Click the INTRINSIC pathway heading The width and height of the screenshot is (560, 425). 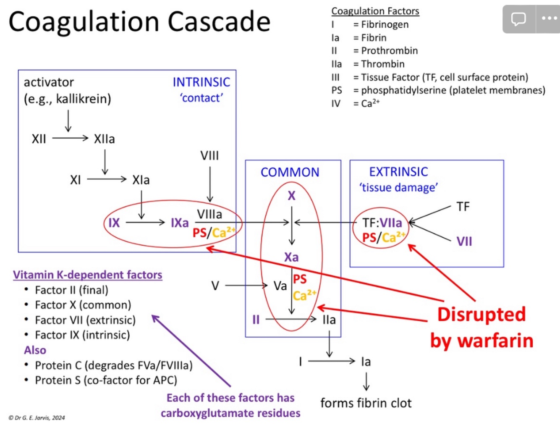201,82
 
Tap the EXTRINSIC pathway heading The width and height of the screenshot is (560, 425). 398,172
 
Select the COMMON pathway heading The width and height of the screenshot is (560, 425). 290,172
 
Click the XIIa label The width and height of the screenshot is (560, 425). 104,139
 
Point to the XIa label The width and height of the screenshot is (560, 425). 141,180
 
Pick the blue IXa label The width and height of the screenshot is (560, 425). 180,223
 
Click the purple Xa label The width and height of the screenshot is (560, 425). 291,257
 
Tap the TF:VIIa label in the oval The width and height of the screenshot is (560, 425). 382,223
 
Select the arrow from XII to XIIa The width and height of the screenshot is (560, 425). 70,138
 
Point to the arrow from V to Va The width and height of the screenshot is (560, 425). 246,286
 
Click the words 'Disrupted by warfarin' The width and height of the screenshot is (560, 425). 481,328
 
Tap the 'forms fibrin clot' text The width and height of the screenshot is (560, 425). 366,403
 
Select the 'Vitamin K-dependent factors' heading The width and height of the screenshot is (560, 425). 87,275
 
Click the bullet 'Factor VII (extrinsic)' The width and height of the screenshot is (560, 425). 85,320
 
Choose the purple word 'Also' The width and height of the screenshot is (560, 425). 35,350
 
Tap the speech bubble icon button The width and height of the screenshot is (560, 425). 518,19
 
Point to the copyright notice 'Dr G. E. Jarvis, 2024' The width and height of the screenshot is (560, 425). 37,417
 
